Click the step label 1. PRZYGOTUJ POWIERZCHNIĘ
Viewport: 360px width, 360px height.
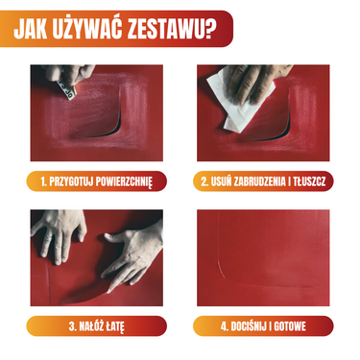click(x=97, y=180)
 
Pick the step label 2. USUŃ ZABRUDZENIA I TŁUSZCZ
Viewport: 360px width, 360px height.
click(x=263, y=180)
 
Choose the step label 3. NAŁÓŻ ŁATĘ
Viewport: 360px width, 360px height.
click(x=97, y=326)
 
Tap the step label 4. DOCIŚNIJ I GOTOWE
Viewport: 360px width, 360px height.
click(x=263, y=326)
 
